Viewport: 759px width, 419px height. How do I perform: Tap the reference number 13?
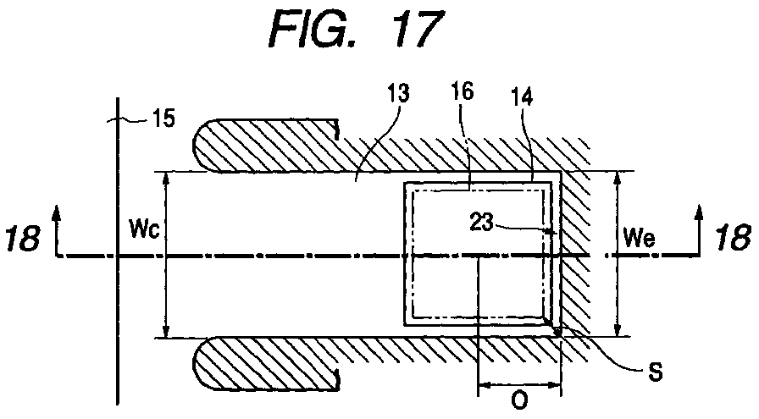coord(398,93)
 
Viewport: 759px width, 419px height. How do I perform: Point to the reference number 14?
coord(522,96)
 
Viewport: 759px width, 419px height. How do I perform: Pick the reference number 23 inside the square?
coord(482,223)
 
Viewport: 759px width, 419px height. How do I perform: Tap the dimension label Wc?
coord(144,229)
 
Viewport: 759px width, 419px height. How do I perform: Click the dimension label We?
coord(640,238)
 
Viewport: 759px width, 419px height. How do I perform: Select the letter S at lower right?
coord(655,372)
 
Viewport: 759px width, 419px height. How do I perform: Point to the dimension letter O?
coord(519,401)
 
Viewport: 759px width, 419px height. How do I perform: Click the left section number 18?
coord(22,238)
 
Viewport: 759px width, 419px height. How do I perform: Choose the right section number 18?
coord(733,238)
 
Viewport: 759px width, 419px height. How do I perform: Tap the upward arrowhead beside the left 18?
coord(57,213)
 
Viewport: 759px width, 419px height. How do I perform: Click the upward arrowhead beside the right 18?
coord(699,213)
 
